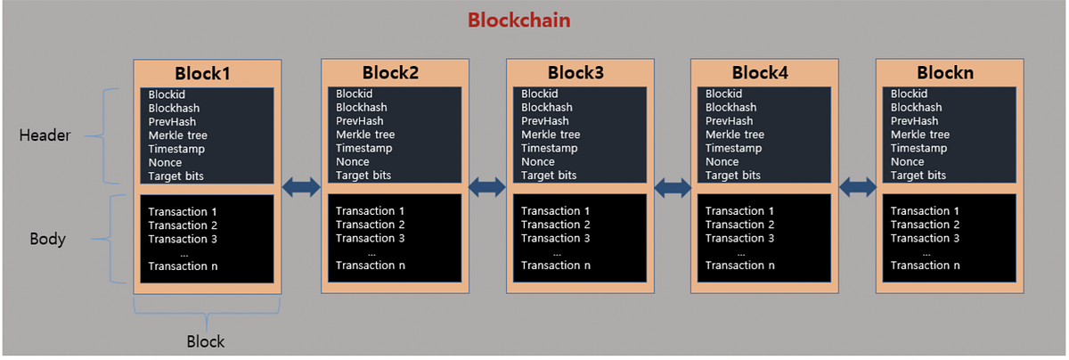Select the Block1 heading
201,73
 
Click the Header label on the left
45,135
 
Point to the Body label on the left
47,239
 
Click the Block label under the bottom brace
206,341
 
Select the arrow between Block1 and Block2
301,186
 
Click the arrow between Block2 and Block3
487,186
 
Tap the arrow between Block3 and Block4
672,186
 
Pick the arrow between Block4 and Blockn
857,186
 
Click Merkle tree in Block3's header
548,135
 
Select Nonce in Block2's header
352,162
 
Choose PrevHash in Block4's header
729,121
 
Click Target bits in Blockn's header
918,176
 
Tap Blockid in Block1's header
167,94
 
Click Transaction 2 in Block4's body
740,225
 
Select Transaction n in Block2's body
370,266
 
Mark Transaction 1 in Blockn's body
925,211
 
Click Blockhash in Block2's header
361,108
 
